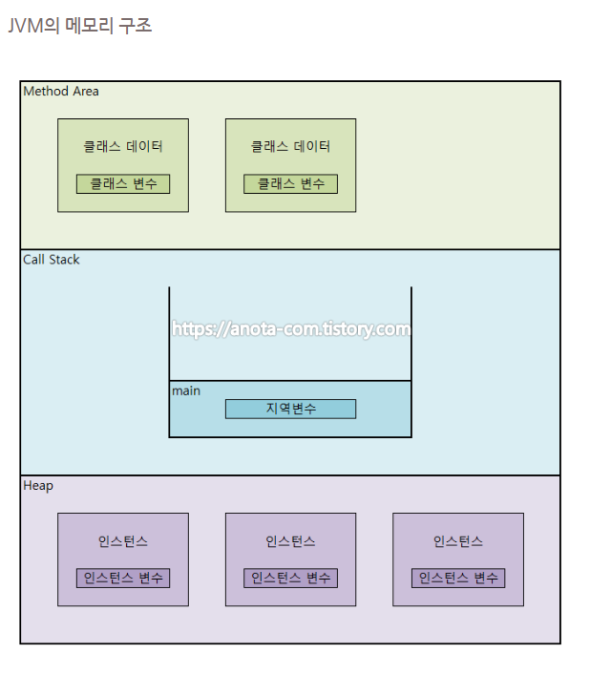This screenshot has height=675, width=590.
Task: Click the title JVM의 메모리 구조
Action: click(79, 26)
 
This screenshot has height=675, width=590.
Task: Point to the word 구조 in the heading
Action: click(135, 26)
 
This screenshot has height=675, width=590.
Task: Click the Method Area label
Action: click(61, 92)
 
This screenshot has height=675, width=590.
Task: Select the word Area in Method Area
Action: click(86, 92)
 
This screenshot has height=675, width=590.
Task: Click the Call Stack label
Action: click(52, 260)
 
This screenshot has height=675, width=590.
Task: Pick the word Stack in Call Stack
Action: click(63, 260)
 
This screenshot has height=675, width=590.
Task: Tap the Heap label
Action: click(38, 486)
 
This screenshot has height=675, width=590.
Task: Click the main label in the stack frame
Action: click(186, 390)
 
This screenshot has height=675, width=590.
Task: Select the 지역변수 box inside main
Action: click(290, 409)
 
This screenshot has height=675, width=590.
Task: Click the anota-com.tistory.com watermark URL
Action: click(291, 329)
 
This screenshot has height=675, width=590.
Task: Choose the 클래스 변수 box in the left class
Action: click(123, 184)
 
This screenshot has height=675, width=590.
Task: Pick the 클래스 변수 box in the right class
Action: click(290, 184)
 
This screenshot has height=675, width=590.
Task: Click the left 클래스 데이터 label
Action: click(123, 146)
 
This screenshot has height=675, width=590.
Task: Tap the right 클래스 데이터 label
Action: click(290, 146)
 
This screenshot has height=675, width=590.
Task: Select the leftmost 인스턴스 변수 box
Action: click(123, 578)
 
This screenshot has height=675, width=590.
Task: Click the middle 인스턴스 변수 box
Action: click(290, 578)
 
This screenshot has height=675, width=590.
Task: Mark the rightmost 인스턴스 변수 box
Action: click(458, 578)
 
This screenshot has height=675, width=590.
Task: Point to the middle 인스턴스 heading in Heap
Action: click(290, 541)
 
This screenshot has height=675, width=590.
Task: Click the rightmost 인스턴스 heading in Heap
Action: click(458, 541)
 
